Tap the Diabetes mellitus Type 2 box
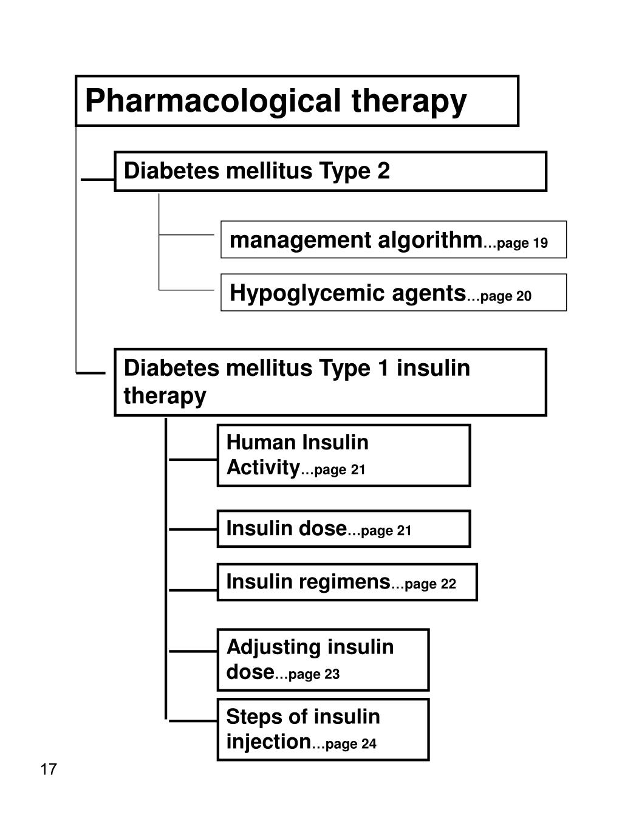[330, 171]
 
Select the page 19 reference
[522, 244]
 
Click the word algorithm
[429, 241]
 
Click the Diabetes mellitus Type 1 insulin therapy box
[330, 382]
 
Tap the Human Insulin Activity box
[343, 455]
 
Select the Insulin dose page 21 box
[343, 528]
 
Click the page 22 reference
[430, 584]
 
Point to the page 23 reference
[313, 674]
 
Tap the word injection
[268, 742]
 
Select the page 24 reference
[350, 744]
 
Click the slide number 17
[49, 769]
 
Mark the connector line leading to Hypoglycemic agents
[186, 290]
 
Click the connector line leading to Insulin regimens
[193, 589]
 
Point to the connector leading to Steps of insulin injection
[193, 722]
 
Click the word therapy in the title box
[409, 101]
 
